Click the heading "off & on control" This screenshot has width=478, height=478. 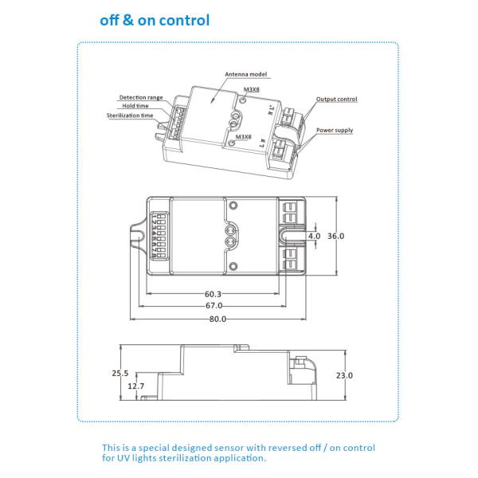pos(155,20)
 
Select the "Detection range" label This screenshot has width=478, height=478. pos(141,97)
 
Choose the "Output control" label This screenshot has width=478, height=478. pos(336,100)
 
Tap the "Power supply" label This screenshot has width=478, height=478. pos(335,130)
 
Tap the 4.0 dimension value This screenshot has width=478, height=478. pos(314,236)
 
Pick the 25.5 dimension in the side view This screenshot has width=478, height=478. pos(119,374)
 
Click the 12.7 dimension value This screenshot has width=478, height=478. pos(136,386)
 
